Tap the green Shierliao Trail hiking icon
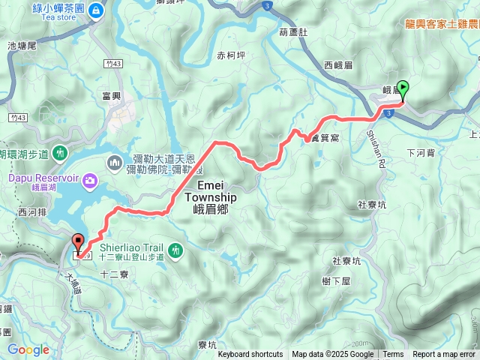click(175, 249)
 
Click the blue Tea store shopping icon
click(96, 10)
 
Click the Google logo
click(28, 349)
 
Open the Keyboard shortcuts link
click(250, 355)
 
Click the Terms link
click(393, 355)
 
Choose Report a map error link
click(444, 355)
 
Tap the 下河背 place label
click(419, 152)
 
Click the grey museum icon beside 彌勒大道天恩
click(115, 161)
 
